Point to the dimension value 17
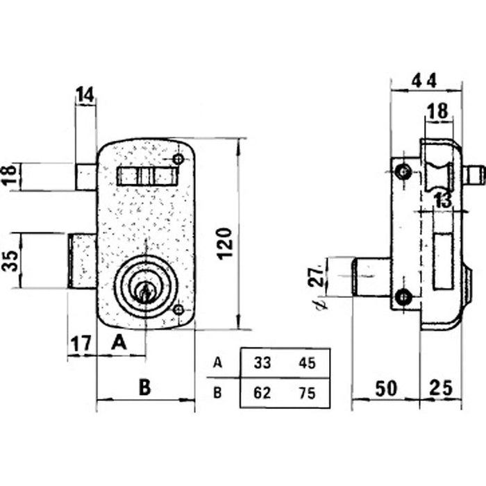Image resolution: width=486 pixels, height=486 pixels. click(x=81, y=343)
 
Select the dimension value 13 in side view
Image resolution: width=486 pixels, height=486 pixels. click(x=442, y=201)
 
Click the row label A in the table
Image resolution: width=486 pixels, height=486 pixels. click(x=218, y=362)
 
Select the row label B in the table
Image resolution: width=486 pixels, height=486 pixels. click(x=218, y=393)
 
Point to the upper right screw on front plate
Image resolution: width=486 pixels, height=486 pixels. click(x=180, y=160)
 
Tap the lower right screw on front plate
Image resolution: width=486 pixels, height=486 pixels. click(x=180, y=310)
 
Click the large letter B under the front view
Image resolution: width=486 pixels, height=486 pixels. click(x=144, y=387)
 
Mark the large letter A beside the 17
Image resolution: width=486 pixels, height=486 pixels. click(x=119, y=342)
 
